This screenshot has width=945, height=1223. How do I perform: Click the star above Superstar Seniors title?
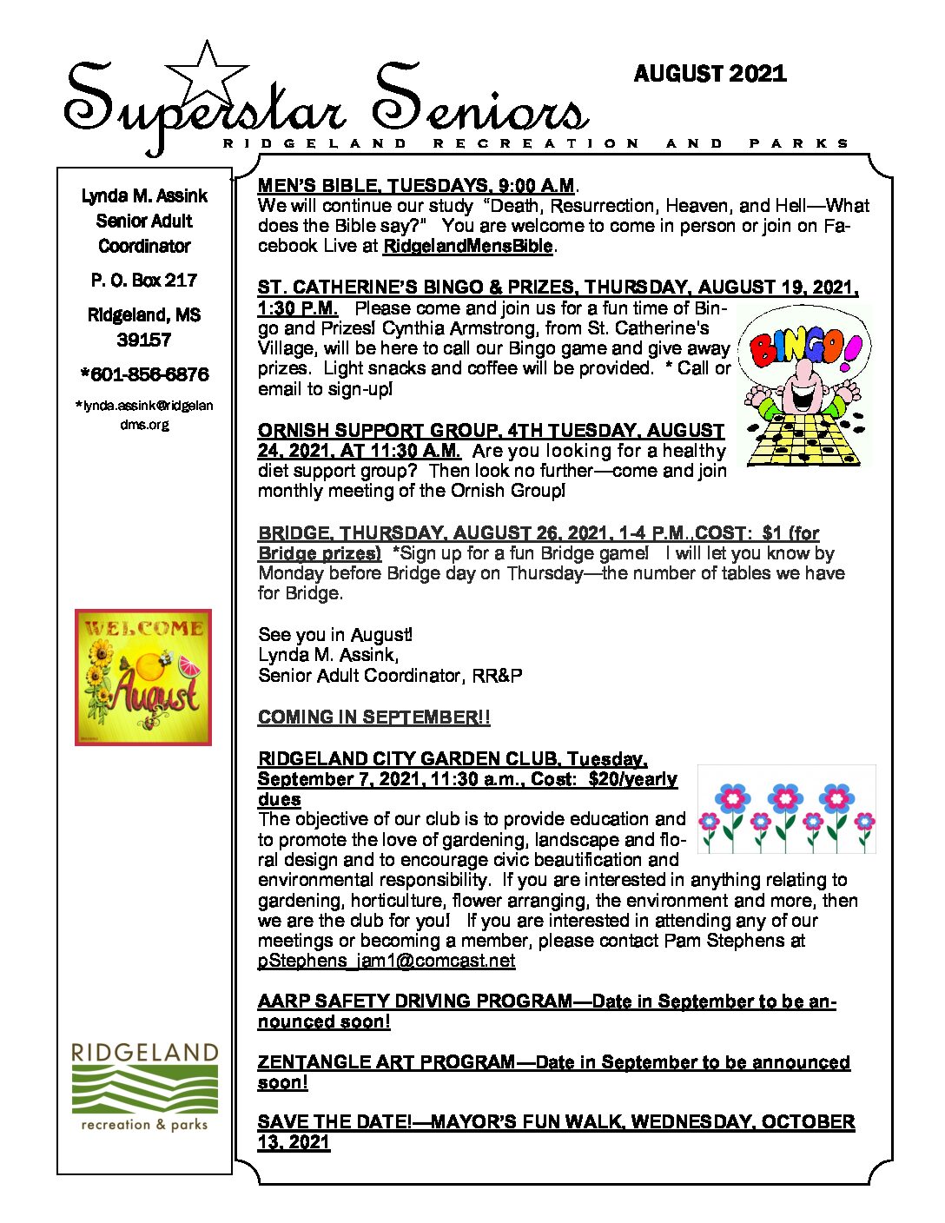coord(206,75)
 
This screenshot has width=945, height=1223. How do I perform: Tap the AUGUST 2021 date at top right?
coord(710,74)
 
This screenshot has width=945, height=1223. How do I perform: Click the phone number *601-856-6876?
coord(144,374)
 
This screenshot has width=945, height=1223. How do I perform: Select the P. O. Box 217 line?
coord(144,281)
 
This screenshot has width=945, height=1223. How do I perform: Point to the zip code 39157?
coord(144,340)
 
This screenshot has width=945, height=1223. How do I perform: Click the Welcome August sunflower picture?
coord(143,677)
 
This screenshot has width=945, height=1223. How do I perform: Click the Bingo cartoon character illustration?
coord(803,386)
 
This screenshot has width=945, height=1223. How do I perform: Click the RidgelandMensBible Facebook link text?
coord(467,247)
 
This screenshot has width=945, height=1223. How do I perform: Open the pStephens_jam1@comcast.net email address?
coord(387,961)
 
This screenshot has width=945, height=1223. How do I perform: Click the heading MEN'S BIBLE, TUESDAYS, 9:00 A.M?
coord(416,186)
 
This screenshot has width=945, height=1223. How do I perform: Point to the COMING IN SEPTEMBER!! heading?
coord(373,717)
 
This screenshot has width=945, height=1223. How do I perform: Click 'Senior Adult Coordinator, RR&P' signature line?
coord(390,676)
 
